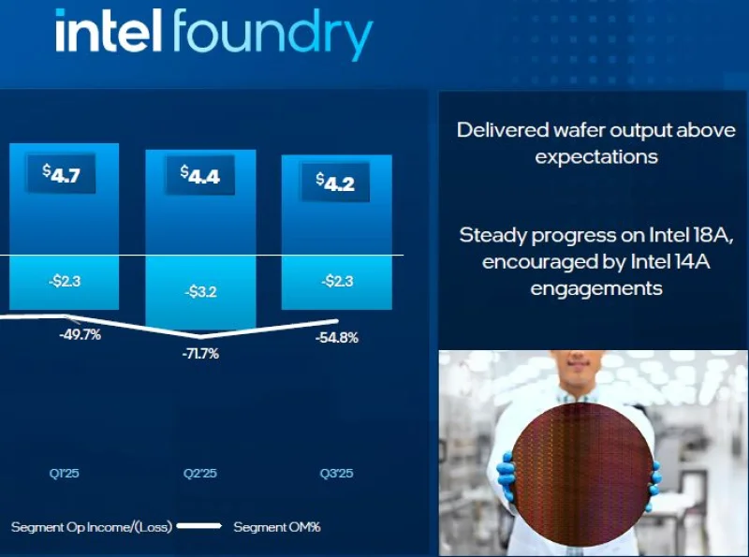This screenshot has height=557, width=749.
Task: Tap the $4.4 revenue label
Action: pos(199,175)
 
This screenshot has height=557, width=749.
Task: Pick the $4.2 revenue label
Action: pos(334,182)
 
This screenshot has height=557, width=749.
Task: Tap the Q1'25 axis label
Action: pos(65,474)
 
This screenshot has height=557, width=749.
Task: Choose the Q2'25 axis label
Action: pos(199,474)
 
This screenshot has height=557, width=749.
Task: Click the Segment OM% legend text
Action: pos(277,527)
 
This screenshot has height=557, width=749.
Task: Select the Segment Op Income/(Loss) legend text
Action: pos(91,527)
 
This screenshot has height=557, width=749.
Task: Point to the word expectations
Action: pos(596,156)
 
